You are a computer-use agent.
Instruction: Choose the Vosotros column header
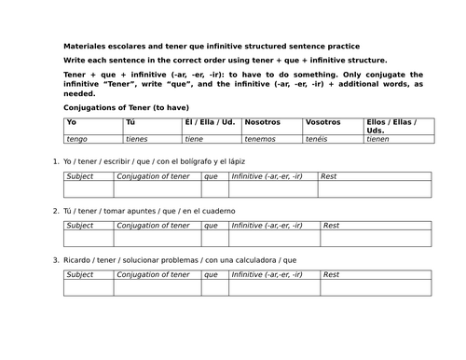click(323, 122)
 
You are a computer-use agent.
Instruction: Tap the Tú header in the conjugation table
click(130, 122)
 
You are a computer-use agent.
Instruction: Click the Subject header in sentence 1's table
click(80, 175)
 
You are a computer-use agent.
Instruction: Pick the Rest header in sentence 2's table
click(330, 225)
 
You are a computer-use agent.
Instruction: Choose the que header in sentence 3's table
click(211, 274)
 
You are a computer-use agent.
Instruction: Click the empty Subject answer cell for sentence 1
click(91, 188)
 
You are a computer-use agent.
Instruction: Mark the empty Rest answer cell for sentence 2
click(376, 238)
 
